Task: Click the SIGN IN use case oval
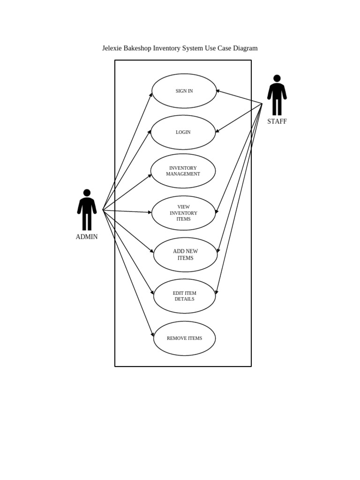click(184, 91)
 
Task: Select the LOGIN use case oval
click(183, 132)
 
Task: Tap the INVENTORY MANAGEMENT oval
click(183, 171)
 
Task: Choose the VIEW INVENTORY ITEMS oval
click(184, 213)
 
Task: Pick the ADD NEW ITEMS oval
click(186, 255)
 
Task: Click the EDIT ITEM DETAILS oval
click(185, 296)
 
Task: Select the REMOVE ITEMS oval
click(185, 338)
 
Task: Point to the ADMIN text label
click(87, 237)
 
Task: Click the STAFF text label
click(277, 121)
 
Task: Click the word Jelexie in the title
click(112, 48)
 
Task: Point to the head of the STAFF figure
click(277, 78)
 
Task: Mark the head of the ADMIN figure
click(87, 193)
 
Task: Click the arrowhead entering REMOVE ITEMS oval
click(153, 334)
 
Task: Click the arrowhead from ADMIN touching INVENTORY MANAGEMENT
click(150, 176)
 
